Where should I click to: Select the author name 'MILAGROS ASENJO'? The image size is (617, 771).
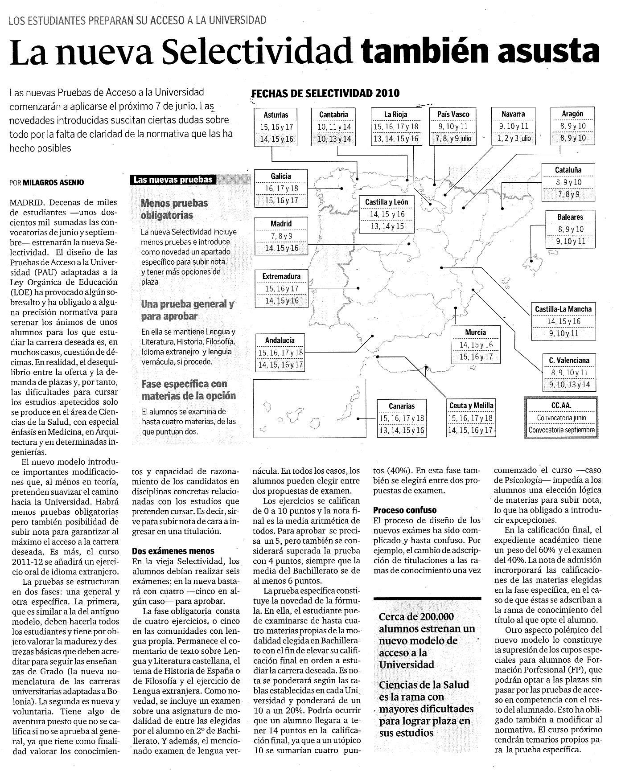click(53, 182)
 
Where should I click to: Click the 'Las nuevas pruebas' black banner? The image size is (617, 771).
click(173, 180)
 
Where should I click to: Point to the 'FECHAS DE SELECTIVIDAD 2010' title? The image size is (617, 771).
click(326, 94)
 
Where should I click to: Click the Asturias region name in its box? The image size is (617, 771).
click(276, 115)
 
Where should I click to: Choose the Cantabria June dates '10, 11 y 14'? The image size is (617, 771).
click(334, 127)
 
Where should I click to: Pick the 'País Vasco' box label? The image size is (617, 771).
click(453, 114)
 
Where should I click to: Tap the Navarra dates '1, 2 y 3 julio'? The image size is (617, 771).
click(514, 139)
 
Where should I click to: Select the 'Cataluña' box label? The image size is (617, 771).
click(568, 170)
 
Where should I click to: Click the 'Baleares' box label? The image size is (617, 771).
click(570, 217)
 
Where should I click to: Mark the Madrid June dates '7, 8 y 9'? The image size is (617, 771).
click(281, 236)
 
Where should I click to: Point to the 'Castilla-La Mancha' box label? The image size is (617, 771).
click(563, 309)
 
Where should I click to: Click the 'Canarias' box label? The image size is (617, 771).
click(402, 406)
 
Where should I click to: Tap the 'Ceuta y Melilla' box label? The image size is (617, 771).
click(471, 406)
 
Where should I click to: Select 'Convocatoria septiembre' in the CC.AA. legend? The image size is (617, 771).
click(561, 430)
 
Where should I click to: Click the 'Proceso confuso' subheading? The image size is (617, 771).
click(405, 510)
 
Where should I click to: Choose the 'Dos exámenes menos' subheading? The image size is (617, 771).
click(173, 551)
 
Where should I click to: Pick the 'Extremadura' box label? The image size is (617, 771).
click(281, 276)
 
